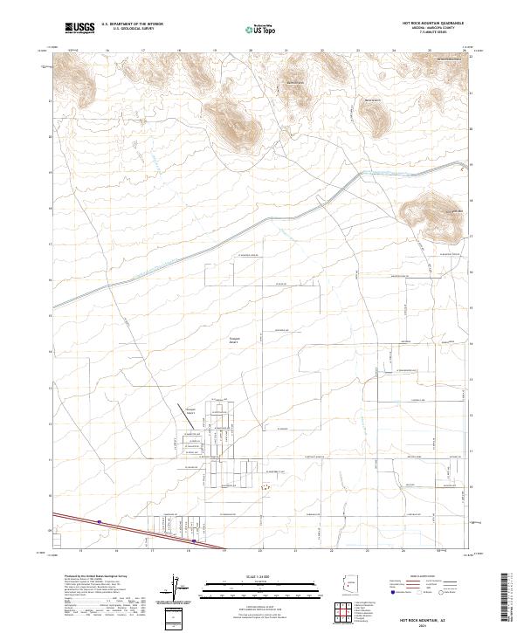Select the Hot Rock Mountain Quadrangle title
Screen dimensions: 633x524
click(x=433, y=24)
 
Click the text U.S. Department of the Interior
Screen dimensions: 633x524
click(x=132, y=24)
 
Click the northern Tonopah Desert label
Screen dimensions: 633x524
click(x=233, y=339)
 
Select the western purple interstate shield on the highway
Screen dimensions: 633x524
click(x=100, y=523)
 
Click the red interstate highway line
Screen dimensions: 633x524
click(x=140, y=533)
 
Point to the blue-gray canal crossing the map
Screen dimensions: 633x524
click(x=262, y=228)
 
